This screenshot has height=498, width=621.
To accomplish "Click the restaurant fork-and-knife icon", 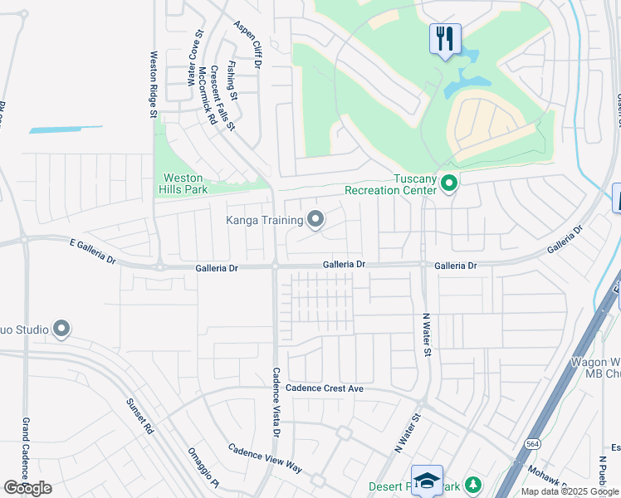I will pos(445,37).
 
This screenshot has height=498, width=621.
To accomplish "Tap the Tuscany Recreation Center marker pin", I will pos(449,183).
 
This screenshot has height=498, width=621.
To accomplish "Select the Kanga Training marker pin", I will pos(315,220).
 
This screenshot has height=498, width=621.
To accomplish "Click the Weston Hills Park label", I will pos(183,183).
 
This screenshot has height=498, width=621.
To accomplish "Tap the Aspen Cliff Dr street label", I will pos(247,45).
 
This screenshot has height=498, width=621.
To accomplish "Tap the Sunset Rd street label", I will pos(139,416).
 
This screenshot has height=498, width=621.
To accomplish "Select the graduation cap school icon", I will pos(427,480).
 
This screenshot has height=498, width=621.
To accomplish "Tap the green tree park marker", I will pos(472,484).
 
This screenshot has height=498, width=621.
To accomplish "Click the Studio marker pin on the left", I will pos(61,330).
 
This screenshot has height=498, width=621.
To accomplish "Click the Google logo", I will pos(27,488).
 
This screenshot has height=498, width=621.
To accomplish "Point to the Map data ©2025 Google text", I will pos(570,491).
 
